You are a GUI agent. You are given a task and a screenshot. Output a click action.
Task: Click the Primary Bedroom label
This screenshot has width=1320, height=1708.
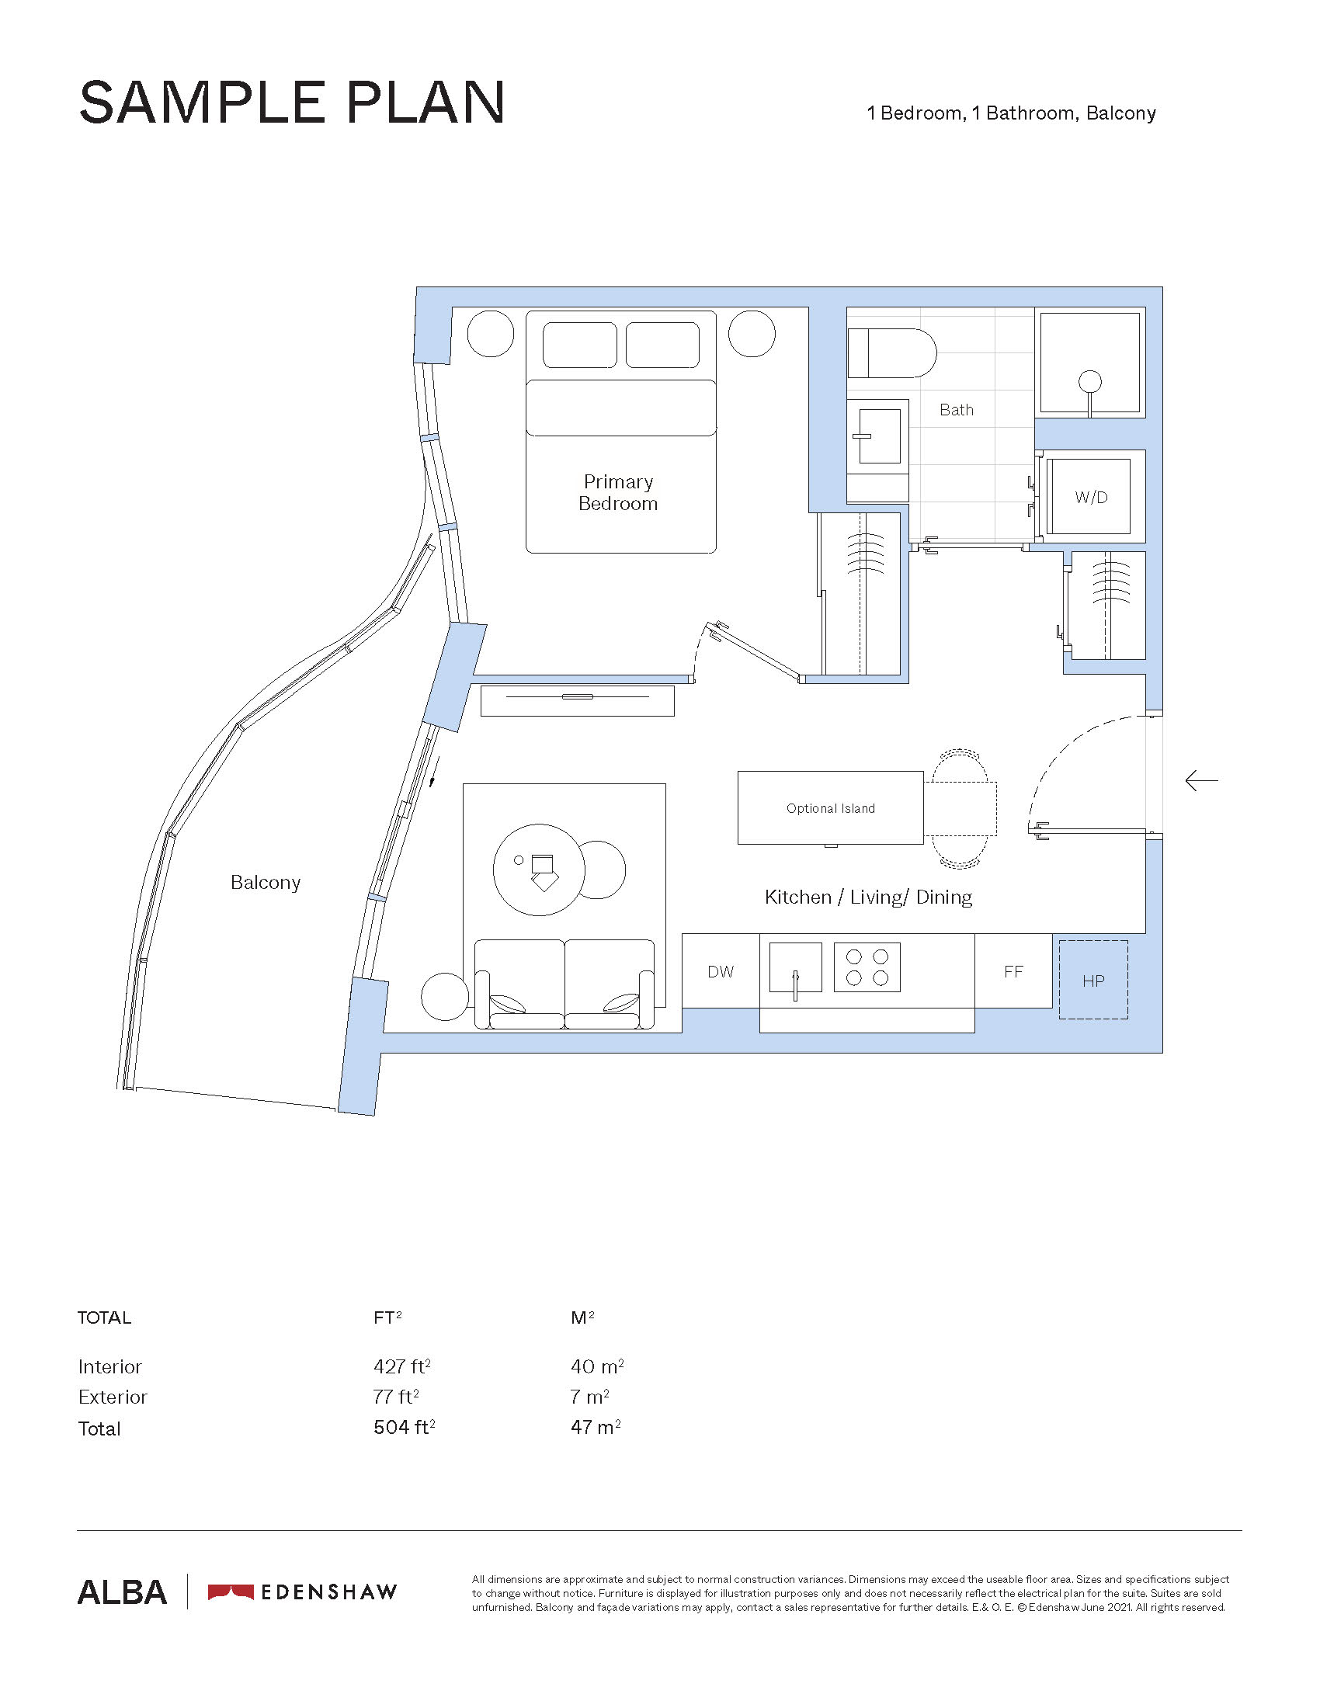618,493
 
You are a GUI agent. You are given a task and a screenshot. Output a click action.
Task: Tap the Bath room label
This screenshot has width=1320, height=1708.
957,410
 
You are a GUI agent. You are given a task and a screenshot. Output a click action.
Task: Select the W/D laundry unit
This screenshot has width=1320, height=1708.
1090,497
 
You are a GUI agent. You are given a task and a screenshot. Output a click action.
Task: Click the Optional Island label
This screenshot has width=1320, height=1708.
831,809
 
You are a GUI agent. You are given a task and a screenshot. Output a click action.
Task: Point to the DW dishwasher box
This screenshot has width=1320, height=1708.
721,971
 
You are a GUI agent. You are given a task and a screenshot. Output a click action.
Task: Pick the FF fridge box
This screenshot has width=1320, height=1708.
1013,971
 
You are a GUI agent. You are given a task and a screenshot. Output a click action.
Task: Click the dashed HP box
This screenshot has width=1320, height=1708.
1093,980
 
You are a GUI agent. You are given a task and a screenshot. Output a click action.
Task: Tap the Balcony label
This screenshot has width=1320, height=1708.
266,883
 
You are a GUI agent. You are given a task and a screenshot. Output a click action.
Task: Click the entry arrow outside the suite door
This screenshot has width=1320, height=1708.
1201,780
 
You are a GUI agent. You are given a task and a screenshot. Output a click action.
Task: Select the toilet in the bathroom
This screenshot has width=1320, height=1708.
892,352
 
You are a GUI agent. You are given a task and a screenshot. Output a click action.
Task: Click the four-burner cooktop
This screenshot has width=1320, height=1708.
867,967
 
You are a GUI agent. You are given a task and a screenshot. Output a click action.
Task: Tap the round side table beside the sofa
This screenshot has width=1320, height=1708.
445,997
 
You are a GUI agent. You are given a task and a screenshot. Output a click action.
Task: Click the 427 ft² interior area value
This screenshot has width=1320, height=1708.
402,1366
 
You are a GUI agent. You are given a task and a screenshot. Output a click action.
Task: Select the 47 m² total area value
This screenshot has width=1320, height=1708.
596,1427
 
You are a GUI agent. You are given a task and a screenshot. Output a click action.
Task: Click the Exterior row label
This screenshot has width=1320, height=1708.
113,1397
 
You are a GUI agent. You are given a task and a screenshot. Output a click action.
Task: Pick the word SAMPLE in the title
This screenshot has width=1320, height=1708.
203,102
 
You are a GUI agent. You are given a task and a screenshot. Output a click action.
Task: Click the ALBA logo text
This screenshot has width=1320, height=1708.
122,1592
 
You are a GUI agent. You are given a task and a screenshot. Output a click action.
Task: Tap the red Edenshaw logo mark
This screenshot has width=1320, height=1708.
231,1592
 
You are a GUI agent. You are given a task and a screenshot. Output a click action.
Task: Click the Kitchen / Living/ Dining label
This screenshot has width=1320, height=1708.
868,897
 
